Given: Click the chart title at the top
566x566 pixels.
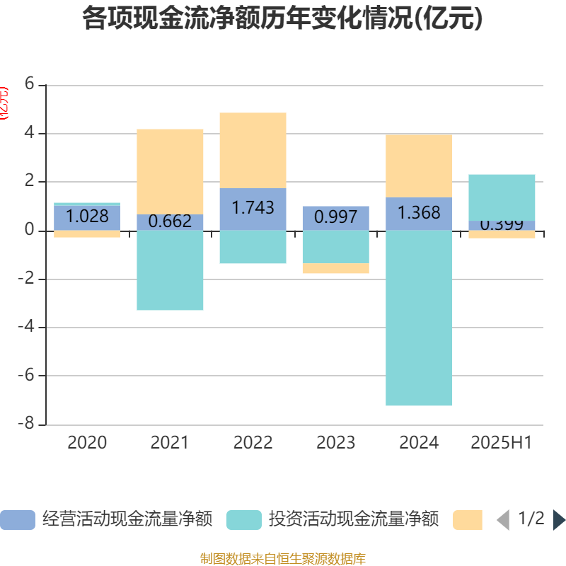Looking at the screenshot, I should tap(283, 18).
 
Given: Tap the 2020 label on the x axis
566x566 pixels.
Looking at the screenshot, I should tap(87, 443).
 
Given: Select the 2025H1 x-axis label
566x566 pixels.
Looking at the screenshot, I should tap(502, 443).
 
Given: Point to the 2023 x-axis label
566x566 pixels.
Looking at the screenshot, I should tap(336, 443).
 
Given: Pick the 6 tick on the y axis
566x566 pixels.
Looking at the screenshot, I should tap(29, 84).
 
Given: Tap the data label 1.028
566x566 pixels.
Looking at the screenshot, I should tap(87, 216).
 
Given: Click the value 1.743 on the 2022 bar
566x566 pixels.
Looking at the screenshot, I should tap(253, 208).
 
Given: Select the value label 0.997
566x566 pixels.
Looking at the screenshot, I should tap(336, 216).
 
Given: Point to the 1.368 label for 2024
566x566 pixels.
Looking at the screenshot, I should tap(419, 212).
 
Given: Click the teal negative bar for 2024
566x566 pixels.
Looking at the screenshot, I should tap(419, 318).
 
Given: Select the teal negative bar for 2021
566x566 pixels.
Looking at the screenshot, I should tap(170, 270).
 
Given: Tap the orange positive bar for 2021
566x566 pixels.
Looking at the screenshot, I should tap(170, 171).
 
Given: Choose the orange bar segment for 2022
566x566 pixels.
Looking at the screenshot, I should tap(253, 150).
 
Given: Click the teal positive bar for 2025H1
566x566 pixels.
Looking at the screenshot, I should tap(502, 197).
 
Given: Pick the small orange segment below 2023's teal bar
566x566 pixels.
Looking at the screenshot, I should tap(336, 268).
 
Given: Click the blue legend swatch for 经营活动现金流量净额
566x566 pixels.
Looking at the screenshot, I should tap(17, 520).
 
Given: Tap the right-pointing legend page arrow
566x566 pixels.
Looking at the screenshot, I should tap(559, 520).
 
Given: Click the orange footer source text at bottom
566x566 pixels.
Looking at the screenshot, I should tap(283, 559).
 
